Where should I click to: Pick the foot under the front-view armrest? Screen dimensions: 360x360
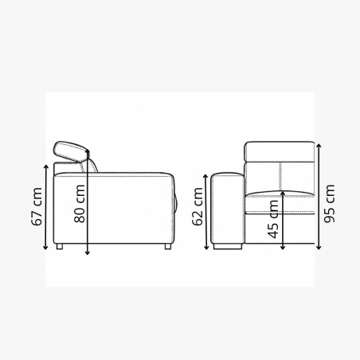[229, 248]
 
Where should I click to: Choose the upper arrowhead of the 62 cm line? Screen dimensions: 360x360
[209, 177]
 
